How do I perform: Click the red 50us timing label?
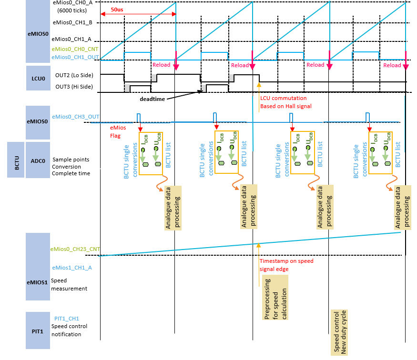(117, 9)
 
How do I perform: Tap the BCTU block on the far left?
(15, 160)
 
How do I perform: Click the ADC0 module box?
(38, 160)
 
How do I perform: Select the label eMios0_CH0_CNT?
(76, 49)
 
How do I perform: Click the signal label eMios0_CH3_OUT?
(75, 116)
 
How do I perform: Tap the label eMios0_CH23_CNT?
(75, 249)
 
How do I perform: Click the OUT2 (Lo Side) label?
(74, 75)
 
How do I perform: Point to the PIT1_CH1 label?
(67, 318)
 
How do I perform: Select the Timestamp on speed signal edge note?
(286, 265)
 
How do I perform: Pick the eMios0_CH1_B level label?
(75, 22)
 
